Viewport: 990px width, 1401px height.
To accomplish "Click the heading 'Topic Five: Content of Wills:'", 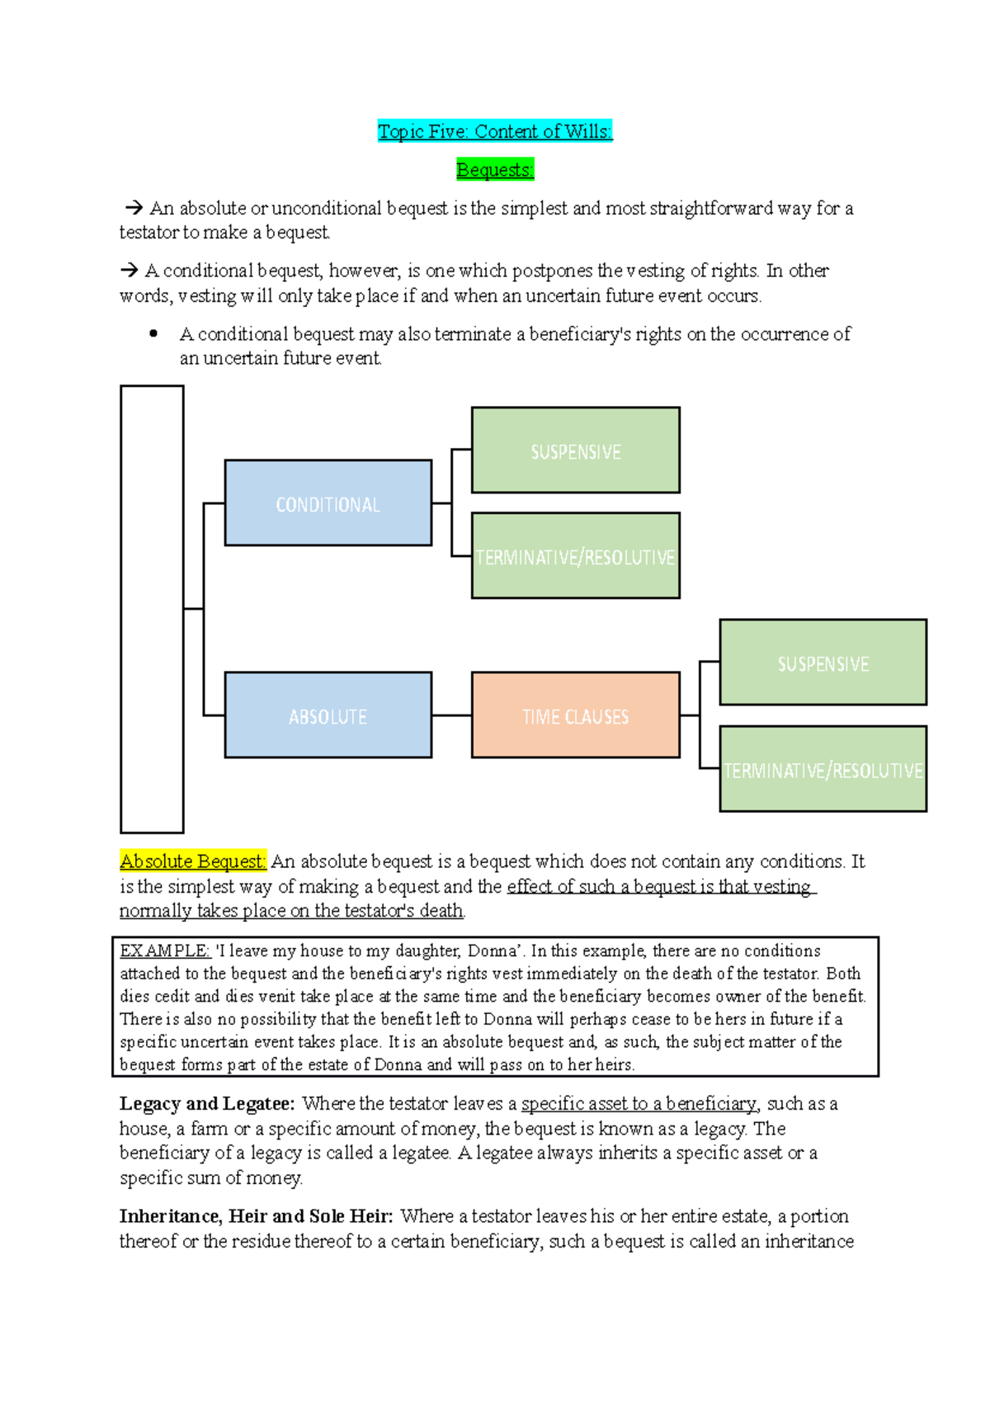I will [495, 131].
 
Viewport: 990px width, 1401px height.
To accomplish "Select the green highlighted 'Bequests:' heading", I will [495, 170].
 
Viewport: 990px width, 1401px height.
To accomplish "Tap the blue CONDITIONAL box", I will [328, 503].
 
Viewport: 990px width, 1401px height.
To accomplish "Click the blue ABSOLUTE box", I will [328, 715].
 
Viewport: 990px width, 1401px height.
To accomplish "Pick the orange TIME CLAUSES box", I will [575, 715].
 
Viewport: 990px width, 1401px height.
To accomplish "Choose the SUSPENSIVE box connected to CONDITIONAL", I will [575, 450].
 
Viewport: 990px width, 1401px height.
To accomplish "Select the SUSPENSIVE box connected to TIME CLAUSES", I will [823, 663].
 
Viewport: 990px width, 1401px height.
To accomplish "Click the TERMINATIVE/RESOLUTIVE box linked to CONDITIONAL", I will [575, 556].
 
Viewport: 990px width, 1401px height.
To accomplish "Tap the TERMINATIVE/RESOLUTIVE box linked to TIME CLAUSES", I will [823, 769].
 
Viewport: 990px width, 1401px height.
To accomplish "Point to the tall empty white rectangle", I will [152, 609].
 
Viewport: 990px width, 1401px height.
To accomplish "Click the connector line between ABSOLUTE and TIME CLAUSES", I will [451, 715].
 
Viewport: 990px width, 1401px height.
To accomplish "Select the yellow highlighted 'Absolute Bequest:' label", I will [193, 861].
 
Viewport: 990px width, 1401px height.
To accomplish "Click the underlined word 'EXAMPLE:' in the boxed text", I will [165, 951].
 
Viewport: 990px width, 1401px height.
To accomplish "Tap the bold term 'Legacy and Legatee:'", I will [207, 1104].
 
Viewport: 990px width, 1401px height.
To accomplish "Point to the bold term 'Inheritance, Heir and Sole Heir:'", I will [257, 1216].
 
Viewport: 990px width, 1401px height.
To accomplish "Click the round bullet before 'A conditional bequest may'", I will [153, 334].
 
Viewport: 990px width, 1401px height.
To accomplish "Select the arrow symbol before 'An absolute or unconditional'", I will [134, 208].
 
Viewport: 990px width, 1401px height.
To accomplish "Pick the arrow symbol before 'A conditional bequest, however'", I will [129, 271].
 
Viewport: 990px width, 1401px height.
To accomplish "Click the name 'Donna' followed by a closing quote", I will [493, 951].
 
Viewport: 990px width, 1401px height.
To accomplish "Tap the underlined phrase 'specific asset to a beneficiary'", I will [639, 1104].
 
